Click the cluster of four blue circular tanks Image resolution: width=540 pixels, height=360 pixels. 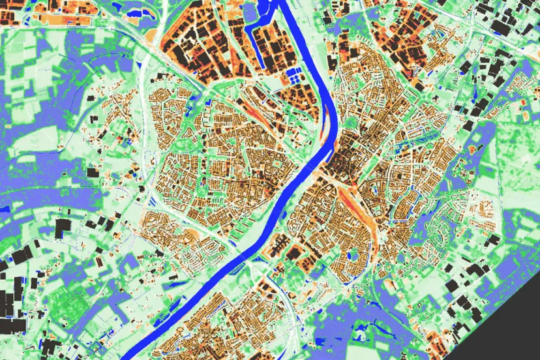click(x=295, y=78)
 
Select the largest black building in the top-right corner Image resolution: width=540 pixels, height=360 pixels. click(x=502, y=26)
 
